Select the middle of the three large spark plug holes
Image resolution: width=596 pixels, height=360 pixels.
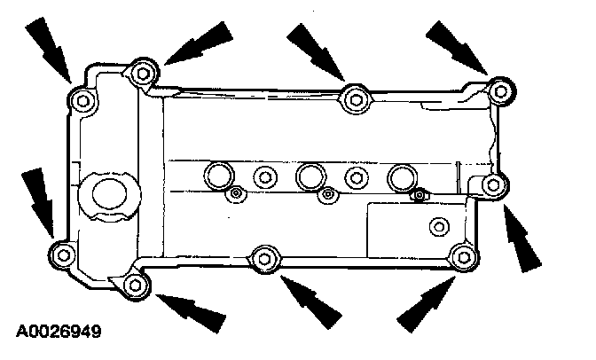tap(310, 176)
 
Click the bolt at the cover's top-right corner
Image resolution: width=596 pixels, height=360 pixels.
tap(502, 90)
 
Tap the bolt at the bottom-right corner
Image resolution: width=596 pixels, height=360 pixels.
tap(462, 258)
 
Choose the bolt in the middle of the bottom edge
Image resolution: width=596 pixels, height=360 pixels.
tap(263, 259)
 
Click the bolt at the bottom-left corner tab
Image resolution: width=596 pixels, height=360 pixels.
tap(134, 285)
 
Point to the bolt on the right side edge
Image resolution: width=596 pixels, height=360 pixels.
tap(496, 184)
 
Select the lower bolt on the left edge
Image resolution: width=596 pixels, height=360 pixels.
tap(61, 254)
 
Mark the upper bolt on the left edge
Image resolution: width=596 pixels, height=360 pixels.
tap(82, 101)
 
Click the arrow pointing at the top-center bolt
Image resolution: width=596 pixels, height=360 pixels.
tap(316, 50)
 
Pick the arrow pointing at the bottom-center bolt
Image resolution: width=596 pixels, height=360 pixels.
tap(310, 299)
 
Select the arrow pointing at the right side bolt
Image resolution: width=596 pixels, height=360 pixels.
tap(521, 239)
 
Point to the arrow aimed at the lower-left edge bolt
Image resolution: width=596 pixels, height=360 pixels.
tap(36, 200)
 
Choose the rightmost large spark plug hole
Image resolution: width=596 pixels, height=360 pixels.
tap(404, 176)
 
